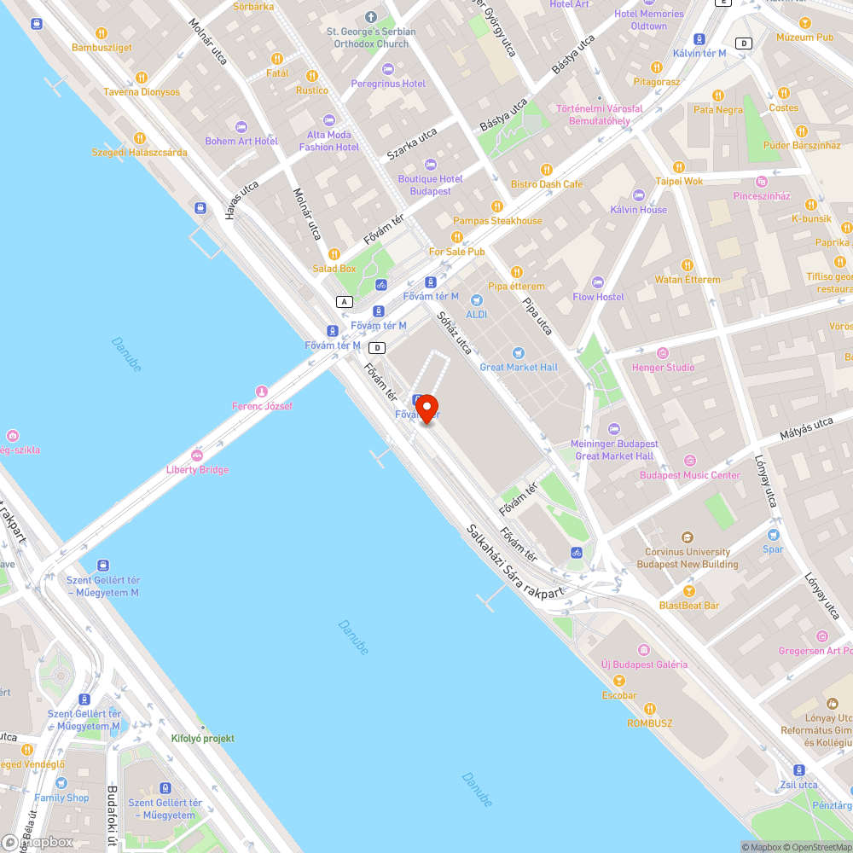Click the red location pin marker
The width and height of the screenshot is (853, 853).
(x=426, y=409)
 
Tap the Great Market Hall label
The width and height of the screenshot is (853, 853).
(x=519, y=367)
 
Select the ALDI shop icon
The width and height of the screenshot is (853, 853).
(x=476, y=300)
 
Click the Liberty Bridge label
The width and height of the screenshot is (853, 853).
(x=197, y=470)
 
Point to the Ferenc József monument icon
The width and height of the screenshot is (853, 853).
(x=262, y=391)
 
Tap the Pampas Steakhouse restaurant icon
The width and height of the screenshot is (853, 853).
(x=497, y=206)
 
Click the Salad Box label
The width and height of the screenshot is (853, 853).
(x=334, y=269)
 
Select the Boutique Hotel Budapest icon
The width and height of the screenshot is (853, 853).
(x=430, y=164)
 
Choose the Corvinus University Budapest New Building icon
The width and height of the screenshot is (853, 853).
(x=688, y=537)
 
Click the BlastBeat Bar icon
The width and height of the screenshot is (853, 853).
(x=688, y=590)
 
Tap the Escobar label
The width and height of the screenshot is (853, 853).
(x=619, y=695)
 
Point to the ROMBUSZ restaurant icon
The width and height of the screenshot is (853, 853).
(x=649, y=708)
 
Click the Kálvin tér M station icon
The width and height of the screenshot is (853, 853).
(x=699, y=38)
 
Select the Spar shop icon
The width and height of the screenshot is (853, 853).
(x=773, y=535)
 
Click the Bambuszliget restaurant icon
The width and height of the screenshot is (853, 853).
(x=102, y=33)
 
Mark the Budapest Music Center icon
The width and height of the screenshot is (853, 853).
(x=690, y=461)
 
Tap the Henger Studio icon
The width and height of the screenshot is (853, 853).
(x=663, y=353)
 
